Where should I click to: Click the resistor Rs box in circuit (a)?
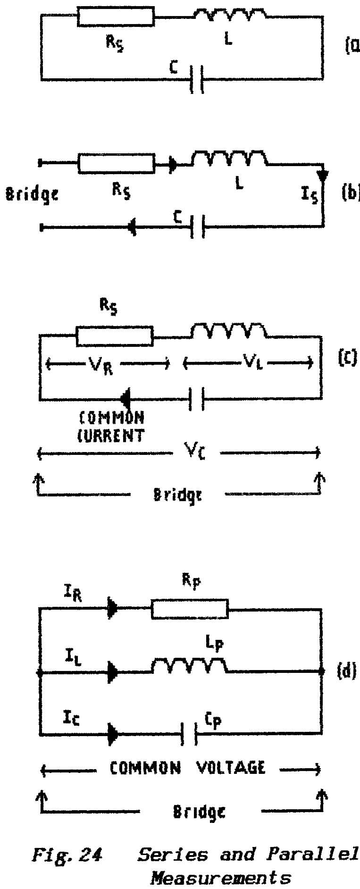tap(116, 17)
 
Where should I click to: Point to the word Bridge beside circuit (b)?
tap(32, 193)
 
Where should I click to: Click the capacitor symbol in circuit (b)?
tap(197, 227)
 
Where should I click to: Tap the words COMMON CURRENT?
tap(111, 427)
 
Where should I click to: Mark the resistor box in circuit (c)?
tap(115, 335)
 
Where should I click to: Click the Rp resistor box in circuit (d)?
tap(190, 609)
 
